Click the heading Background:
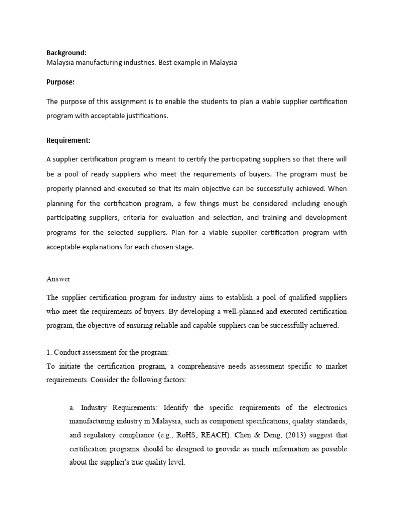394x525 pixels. (66, 53)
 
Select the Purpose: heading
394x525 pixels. (61, 82)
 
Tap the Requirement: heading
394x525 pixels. (68, 139)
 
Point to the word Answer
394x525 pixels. (58, 279)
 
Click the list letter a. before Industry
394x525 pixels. (72, 408)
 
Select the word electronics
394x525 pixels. (330, 408)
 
